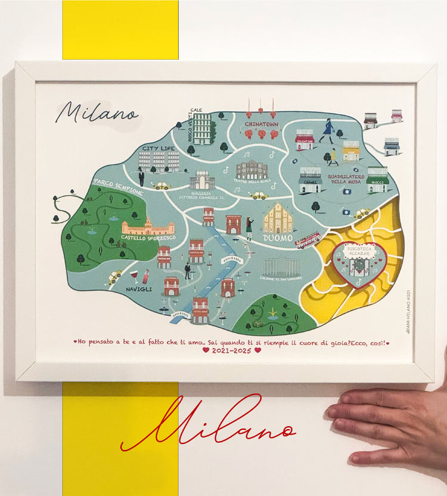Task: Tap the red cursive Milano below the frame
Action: [x=209, y=424]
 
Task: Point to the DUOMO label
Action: [x=278, y=238]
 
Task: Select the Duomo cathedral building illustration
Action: [x=278, y=218]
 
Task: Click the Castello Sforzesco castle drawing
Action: [x=148, y=227]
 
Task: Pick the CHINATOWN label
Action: [x=261, y=124]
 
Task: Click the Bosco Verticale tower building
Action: [x=202, y=128]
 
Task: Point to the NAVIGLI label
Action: [x=139, y=289]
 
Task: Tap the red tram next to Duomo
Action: [x=308, y=240]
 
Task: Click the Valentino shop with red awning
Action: [x=305, y=140]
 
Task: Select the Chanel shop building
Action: [x=310, y=180]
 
